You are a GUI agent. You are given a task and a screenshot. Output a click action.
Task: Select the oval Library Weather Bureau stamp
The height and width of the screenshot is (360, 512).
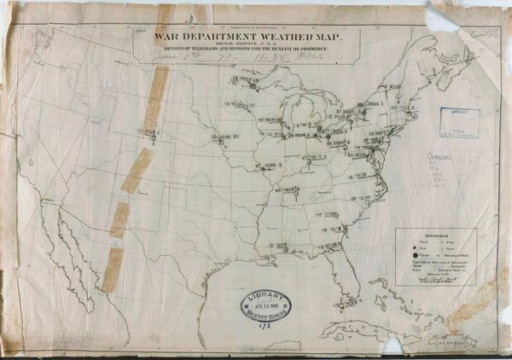pyautogui.click(x=265, y=305)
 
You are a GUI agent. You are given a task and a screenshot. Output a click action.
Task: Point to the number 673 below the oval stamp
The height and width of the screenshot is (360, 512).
pyautogui.click(x=265, y=326)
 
